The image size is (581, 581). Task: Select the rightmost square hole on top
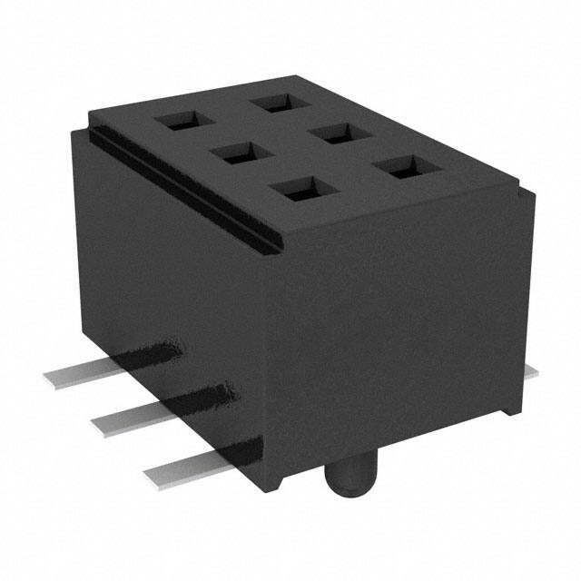(400, 168)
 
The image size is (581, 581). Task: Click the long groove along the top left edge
(182, 182)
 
